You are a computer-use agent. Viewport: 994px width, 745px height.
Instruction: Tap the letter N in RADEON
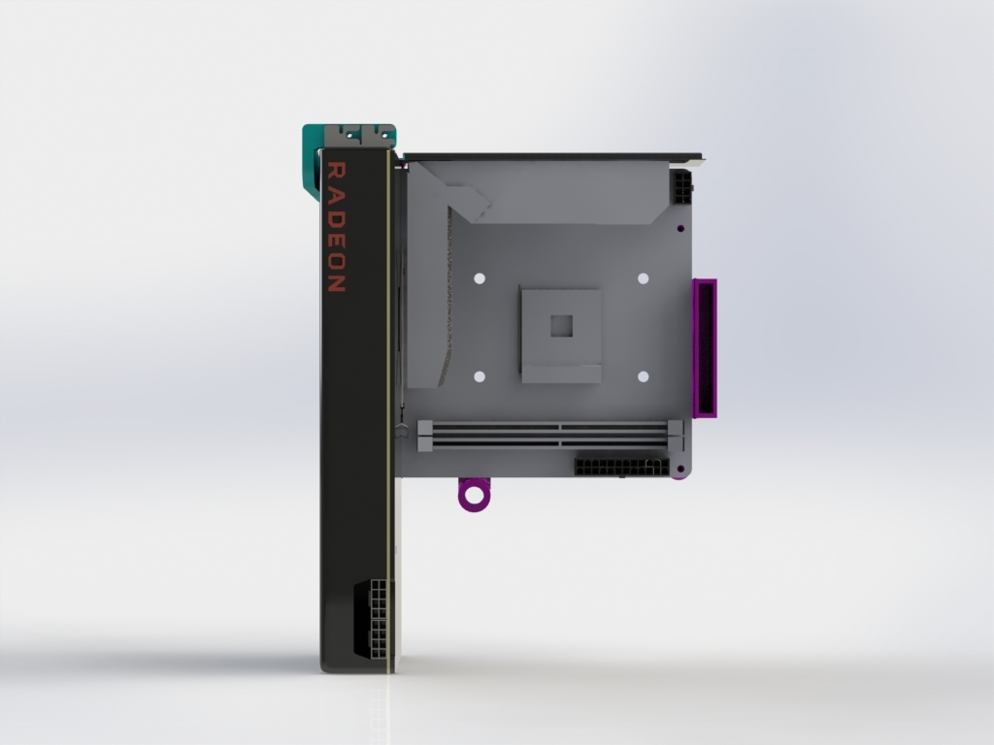tap(334, 284)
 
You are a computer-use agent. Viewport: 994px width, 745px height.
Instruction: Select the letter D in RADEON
tap(334, 215)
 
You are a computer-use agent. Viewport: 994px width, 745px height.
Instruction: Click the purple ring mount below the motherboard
tap(474, 495)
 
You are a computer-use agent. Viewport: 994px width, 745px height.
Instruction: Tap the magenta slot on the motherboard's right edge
tap(706, 347)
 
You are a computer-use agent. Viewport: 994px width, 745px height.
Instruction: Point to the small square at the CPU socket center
tap(561, 325)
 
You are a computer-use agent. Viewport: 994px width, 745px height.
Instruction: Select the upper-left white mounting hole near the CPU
tap(480, 278)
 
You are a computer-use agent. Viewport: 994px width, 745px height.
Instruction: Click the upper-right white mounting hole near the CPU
tap(643, 278)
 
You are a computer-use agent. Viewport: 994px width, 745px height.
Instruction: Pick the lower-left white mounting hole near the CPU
tap(480, 376)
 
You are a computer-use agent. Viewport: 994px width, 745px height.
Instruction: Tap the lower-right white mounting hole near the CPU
tap(643, 376)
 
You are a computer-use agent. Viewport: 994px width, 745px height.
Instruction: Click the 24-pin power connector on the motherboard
tap(621, 467)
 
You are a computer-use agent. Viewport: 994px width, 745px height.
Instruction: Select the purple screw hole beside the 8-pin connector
tap(681, 228)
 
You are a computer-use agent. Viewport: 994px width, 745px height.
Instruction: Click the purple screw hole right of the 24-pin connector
tap(682, 470)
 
